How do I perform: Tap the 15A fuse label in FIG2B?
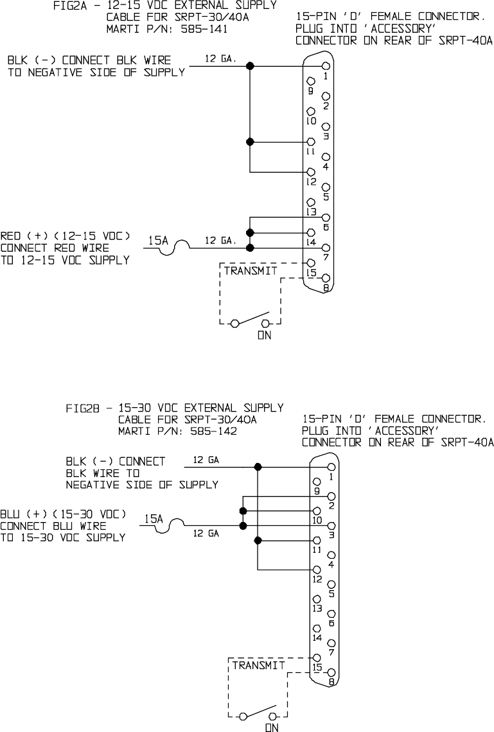coord(152,518)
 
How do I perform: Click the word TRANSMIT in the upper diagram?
coord(251,271)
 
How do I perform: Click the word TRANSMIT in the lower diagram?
coord(258,665)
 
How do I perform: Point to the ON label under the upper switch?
coord(264,335)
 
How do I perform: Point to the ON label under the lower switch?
coord(272,728)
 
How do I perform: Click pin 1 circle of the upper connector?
coord(327,65)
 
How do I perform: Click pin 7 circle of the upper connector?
coord(327,248)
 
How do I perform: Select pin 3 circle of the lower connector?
coord(331,526)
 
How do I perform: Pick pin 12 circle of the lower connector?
coord(316,570)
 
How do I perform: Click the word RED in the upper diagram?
coord(11,236)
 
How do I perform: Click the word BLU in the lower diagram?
coord(10,514)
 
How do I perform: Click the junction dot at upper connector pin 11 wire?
coord(250,142)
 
